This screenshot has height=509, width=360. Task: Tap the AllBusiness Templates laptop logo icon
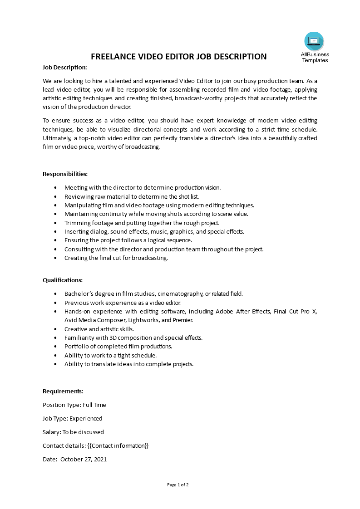(x=314, y=41)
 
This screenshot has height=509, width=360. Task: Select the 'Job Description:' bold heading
(x=64, y=67)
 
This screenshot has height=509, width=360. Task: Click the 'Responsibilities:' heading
(x=65, y=174)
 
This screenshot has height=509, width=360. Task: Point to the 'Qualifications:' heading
(x=63, y=280)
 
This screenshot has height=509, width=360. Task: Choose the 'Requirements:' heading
(x=63, y=391)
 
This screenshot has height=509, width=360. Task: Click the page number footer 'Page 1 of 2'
(x=178, y=485)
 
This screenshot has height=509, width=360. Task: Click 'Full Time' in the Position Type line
(x=94, y=405)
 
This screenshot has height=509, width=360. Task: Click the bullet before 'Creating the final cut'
(x=55, y=258)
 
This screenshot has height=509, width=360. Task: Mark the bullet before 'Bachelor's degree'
(x=55, y=294)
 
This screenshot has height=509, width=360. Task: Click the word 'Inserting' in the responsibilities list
(x=76, y=231)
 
